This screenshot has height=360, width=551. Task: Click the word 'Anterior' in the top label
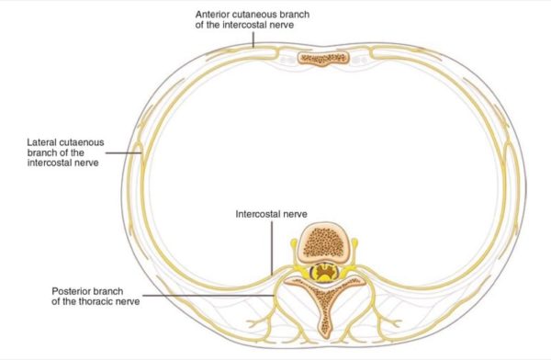[x=217, y=17]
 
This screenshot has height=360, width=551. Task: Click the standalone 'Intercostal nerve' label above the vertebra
[x=272, y=214]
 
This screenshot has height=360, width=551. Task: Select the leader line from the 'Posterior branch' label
[x=211, y=297]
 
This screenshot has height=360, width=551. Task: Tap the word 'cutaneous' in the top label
[x=266, y=17]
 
